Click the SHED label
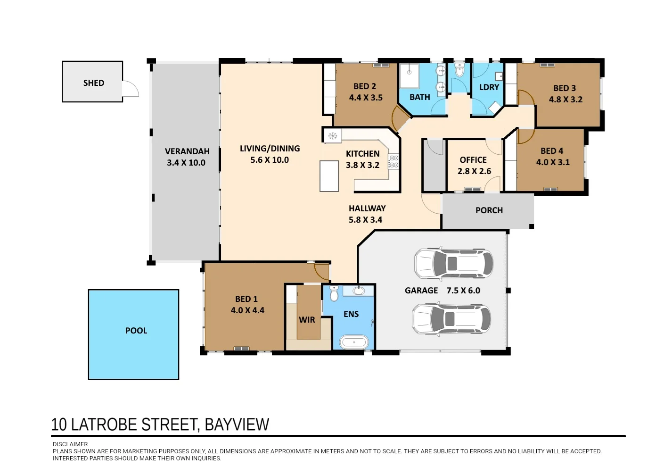93,83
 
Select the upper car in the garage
453,263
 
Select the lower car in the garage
451,319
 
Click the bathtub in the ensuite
354,342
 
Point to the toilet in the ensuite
334,293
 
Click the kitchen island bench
329,176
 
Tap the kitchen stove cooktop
393,162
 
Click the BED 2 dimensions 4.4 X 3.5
366,98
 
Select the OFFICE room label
473,160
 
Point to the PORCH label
489,210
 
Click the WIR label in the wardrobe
307,320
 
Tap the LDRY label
489,87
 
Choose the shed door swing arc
131,89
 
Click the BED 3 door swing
525,98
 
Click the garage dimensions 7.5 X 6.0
463,291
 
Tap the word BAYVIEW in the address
237,425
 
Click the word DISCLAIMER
70,444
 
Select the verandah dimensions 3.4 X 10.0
186,163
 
